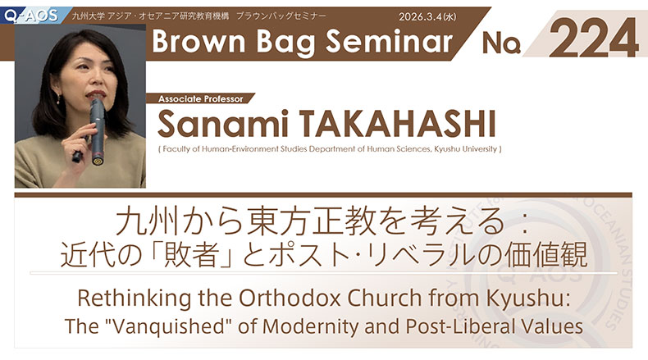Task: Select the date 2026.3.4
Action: click(x=423, y=16)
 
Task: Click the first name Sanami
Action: click(x=224, y=125)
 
